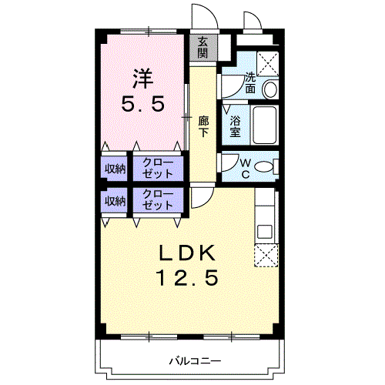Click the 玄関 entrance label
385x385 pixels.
pos(203,48)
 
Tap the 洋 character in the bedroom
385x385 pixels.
pos(142,78)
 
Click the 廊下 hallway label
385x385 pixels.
pos(203,126)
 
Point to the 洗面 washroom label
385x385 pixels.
pos(250,82)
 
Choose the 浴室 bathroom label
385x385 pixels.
pos(236,126)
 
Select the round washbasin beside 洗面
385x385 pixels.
pos(271,89)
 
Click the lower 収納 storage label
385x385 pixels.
pos(115,201)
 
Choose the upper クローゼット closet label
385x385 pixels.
pos(159,168)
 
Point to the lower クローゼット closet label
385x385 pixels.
pos(159,200)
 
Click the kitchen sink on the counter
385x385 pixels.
pos(265,229)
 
